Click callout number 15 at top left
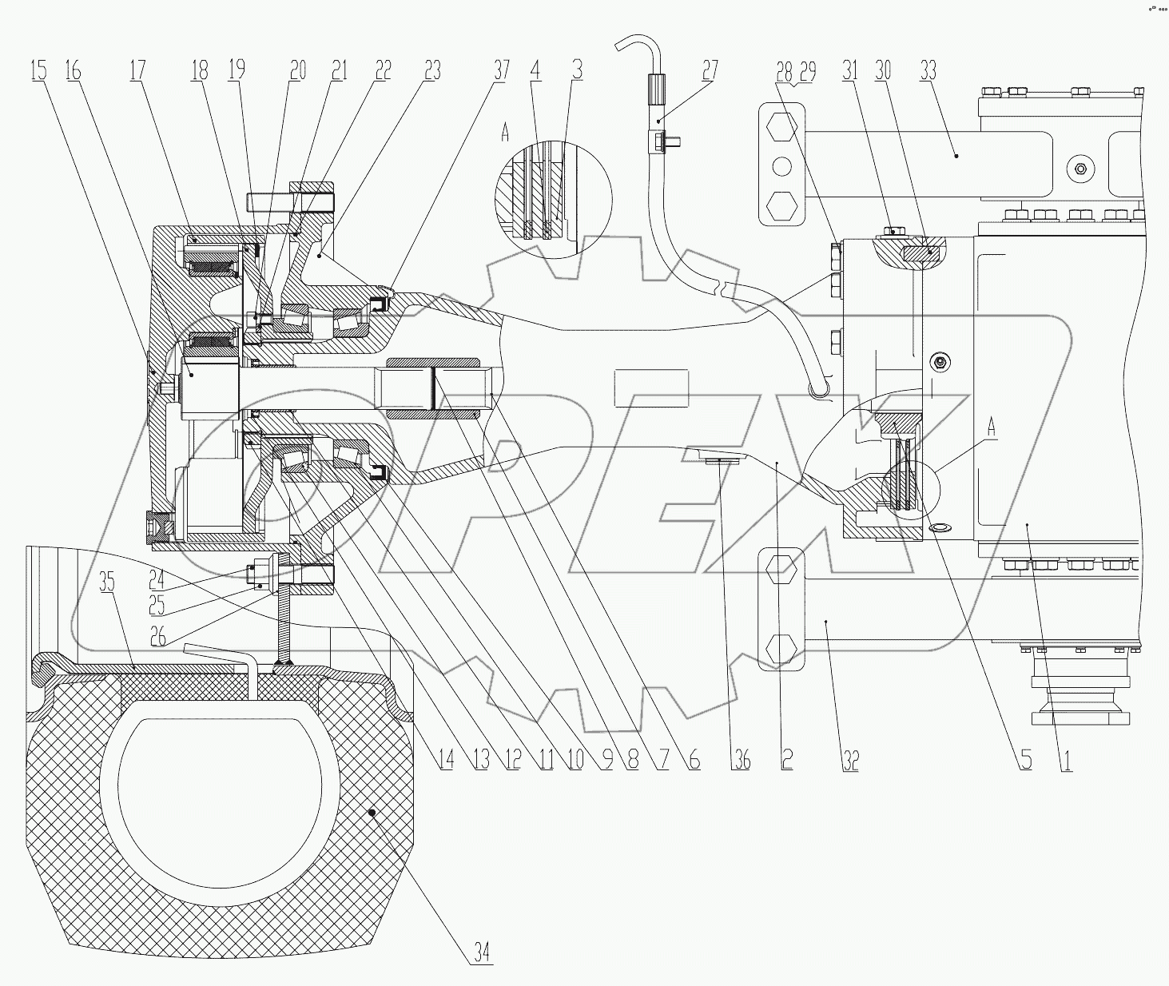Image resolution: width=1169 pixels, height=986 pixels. point(38,70)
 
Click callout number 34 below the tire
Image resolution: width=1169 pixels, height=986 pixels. point(481,952)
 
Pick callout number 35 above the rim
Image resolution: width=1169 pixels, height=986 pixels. point(106,582)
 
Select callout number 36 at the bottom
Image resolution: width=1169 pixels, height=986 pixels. point(742,760)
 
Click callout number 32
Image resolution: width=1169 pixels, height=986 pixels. point(850,760)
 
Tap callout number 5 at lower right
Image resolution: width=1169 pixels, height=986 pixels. point(1025,760)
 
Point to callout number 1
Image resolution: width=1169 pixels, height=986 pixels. point(1065,760)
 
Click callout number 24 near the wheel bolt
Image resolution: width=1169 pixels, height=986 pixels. point(157,573)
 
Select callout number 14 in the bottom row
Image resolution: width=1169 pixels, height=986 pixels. point(446,760)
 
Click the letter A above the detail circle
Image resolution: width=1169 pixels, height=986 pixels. point(504,133)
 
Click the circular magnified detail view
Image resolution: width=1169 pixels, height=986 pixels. point(553,198)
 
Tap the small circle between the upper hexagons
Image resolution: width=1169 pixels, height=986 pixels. point(781,165)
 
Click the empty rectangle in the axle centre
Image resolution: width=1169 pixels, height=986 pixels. point(650,390)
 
